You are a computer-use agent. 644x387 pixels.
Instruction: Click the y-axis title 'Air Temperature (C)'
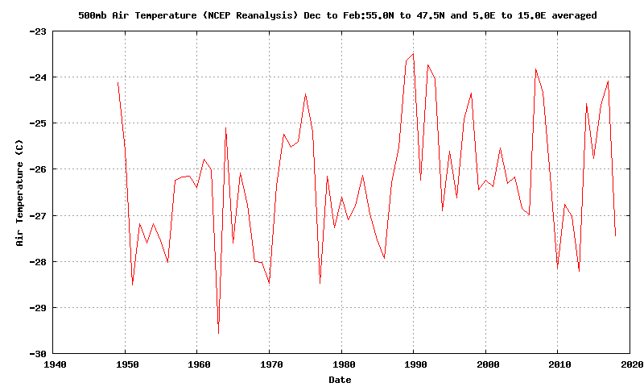click(x=19, y=192)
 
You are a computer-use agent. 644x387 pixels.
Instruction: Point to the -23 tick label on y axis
click(x=38, y=31)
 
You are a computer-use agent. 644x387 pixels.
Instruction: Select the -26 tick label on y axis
click(x=38, y=169)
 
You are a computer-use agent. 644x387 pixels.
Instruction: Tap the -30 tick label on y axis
click(x=38, y=354)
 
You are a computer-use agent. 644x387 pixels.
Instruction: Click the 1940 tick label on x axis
click(x=55, y=364)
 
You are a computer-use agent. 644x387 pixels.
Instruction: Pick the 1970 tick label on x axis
click(x=270, y=364)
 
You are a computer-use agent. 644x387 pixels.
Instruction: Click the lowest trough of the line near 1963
click(x=218, y=333)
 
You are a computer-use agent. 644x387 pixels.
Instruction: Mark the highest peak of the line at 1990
click(x=413, y=54)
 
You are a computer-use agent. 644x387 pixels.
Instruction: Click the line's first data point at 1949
click(x=118, y=82)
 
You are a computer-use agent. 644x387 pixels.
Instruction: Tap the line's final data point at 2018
click(x=616, y=236)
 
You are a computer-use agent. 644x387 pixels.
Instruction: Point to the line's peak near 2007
click(x=535, y=69)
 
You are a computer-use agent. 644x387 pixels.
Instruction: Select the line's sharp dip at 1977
click(x=320, y=283)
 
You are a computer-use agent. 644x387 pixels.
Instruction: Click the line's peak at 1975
click(x=305, y=94)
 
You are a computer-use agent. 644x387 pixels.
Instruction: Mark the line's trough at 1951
click(x=132, y=285)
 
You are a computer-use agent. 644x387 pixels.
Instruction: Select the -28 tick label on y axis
click(x=38, y=262)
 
